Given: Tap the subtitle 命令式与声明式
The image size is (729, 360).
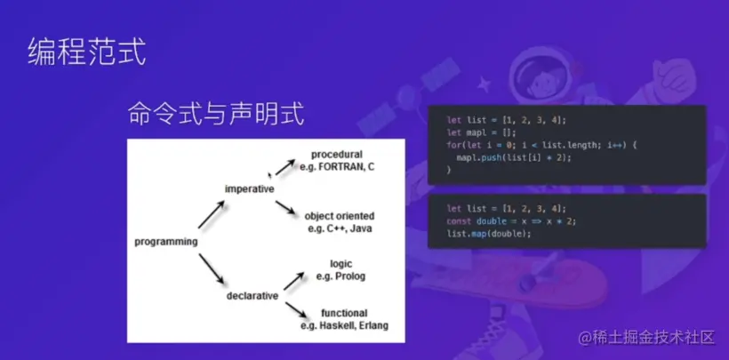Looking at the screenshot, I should pos(217,114).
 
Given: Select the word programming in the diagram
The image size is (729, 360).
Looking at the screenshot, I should pos(165,242).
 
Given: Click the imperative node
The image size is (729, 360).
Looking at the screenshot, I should pos(249,188).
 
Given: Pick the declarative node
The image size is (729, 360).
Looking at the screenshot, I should pos(252,295).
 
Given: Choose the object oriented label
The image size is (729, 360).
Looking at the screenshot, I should pos(339,216).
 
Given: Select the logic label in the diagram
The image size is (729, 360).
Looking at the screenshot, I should pos(341,264).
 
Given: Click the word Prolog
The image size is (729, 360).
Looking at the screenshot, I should pos(350,276).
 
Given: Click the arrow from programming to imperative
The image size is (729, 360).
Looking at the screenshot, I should pos(211,214).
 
